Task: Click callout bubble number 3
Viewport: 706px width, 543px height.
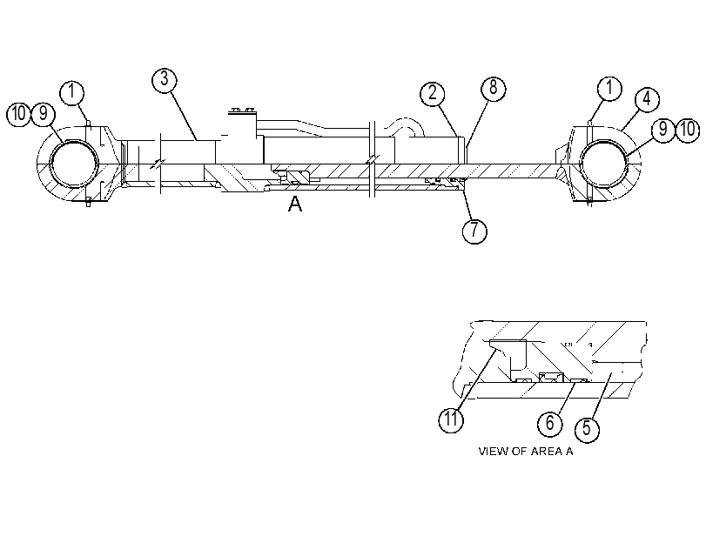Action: (x=165, y=80)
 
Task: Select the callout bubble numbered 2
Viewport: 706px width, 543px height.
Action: (x=433, y=94)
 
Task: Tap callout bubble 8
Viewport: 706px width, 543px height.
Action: (x=493, y=88)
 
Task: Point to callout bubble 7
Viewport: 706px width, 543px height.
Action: (x=474, y=231)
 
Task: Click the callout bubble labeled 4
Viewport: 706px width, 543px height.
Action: (x=647, y=99)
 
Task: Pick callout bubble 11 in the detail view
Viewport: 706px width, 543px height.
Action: (x=451, y=420)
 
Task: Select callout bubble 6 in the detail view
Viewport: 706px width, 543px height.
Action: (x=550, y=424)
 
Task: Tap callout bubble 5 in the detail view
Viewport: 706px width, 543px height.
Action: (x=587, y=429)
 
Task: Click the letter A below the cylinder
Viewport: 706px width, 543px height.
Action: (x=295, y=204)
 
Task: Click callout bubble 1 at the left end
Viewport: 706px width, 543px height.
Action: (x=72, y=93)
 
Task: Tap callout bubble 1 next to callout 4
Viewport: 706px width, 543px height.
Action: (x=609, y=88)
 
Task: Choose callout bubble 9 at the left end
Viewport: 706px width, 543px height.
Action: (x=44, y=114)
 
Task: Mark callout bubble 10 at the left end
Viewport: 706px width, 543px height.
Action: (x=18, y=114)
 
